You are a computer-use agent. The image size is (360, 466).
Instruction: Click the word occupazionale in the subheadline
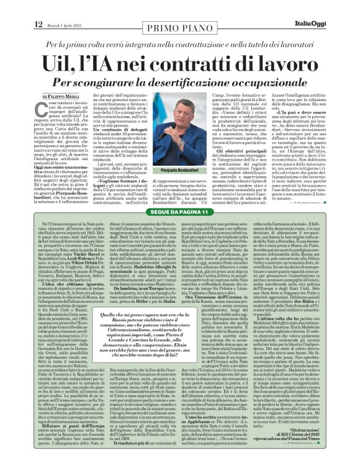click(282, 81)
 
